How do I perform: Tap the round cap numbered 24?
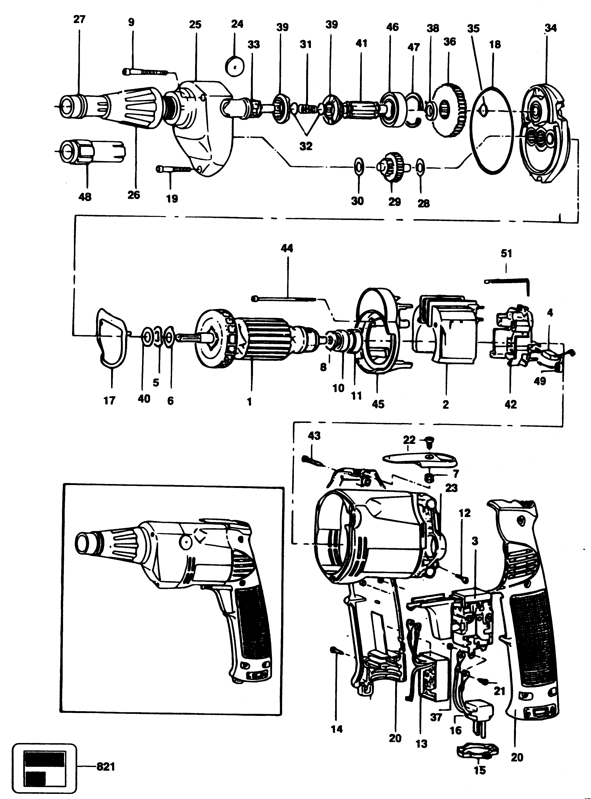[x=235, y=66]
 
